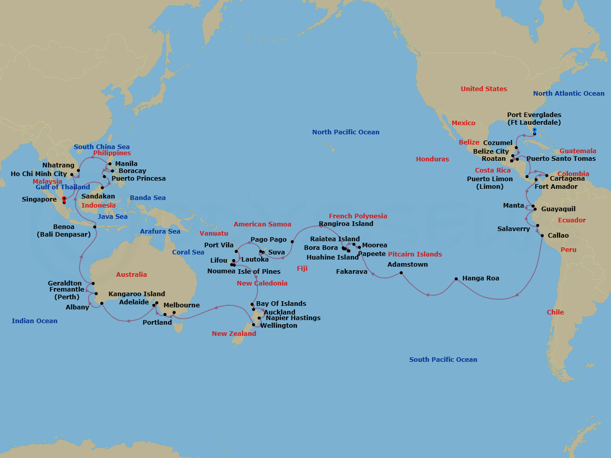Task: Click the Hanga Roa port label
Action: click(x=481, y=278)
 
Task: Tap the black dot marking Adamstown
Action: click(x=402, y=273)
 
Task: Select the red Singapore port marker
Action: click(x=64, y=199)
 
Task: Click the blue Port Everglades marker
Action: click(x=534, y=130)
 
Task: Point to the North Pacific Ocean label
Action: click(x=346, y=132)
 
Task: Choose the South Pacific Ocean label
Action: click(x=443, y=360)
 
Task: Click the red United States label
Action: click(x=484, y=89)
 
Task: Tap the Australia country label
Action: click(x=131, y=275)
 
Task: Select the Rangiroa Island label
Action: click(x=346, y=223)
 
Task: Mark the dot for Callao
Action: click(x=542, y=236)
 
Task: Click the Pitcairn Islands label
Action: click(x=415, y=254)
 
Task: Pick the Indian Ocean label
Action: click(x=35, y=321)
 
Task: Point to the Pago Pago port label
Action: click(x=268, y=240)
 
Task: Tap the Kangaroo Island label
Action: click(x=136, y=294)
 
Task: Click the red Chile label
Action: click(x=555, y=312)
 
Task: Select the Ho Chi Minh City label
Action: click(x=39, y=174)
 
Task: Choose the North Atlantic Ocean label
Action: click(x=569, y=94)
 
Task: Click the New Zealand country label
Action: click(x=234, y=334)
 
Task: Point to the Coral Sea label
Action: click(x=188, y=252)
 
